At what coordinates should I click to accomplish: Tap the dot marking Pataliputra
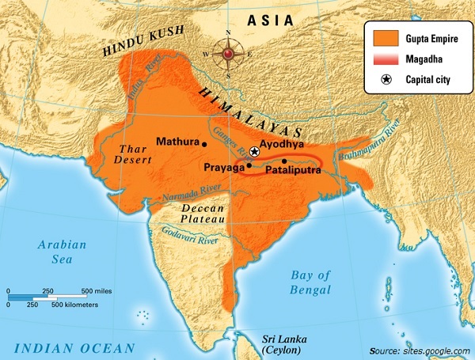click(283, 161)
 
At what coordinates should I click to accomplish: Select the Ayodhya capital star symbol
click(254, 151)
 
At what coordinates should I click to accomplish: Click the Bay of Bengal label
click(310, 282)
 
